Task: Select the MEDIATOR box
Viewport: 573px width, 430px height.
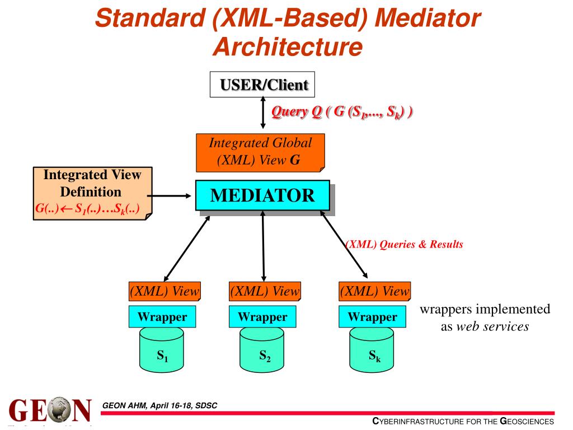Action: tap(262, 195)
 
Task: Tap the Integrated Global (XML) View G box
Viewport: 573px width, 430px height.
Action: tap(260, 152)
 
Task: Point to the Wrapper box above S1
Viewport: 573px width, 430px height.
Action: tap(162, 317)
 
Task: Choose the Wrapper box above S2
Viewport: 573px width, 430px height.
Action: tap(262, 317)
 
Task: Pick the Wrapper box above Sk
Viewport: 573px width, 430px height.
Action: tap(372, 317)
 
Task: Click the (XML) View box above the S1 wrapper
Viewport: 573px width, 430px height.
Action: tap(165, 292)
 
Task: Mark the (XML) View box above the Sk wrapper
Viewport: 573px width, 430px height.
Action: tap(374, 292)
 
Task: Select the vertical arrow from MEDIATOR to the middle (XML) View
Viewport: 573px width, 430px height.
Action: tap(262, 246)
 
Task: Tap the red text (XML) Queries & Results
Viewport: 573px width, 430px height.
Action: tap(403, 245)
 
